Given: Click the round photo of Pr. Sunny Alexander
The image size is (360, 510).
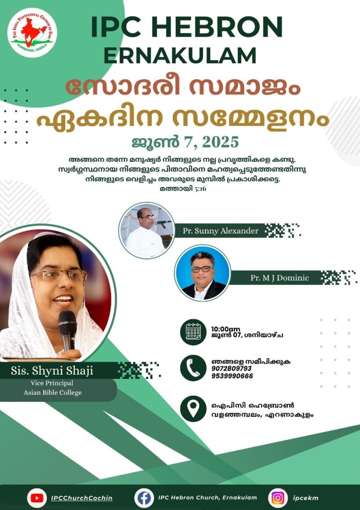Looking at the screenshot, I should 146,231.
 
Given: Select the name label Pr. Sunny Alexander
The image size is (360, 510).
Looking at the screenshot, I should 220,231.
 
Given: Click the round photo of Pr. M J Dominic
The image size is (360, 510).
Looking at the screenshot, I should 202,272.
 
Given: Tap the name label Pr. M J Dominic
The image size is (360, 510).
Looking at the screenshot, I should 279,278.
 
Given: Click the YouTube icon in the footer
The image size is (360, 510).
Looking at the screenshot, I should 36,498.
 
